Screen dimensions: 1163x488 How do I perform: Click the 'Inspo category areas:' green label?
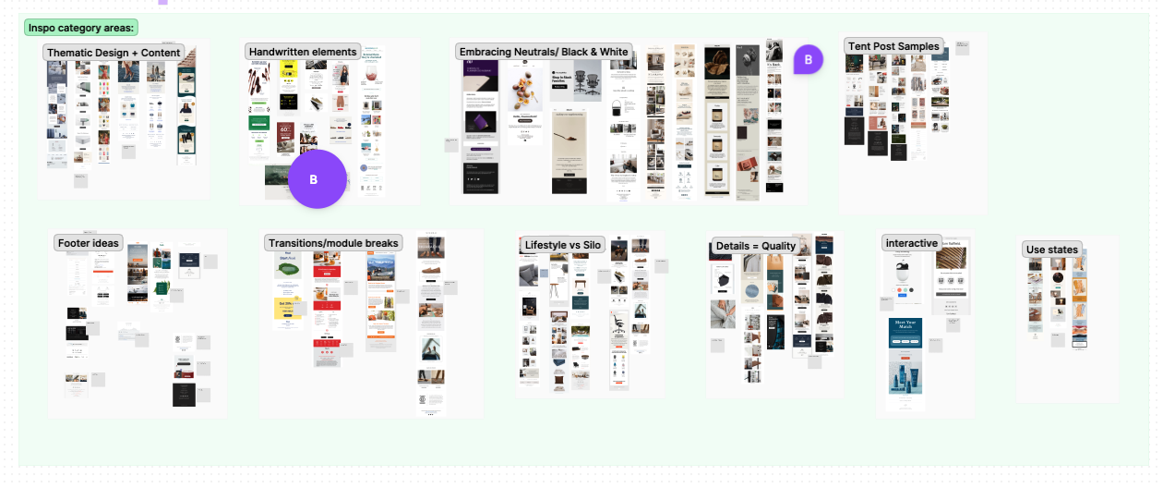point(81,28)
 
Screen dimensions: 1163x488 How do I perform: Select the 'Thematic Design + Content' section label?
point(114,53)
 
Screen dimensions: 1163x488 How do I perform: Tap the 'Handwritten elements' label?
point(303,52)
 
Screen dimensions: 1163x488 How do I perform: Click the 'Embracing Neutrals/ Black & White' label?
point(544,52)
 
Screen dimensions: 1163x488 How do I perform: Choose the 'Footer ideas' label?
point(89,243)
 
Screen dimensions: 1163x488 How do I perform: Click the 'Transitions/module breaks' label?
point(333,243)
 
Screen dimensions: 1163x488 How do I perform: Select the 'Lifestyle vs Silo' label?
point(563,245)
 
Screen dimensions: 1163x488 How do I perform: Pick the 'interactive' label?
point(911,243)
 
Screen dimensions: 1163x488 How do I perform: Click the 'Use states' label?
point(1051,250)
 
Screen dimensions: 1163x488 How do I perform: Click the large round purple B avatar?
point(317,179)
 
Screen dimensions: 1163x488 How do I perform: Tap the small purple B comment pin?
point(808,60)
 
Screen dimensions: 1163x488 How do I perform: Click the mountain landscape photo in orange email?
point(380,268)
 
